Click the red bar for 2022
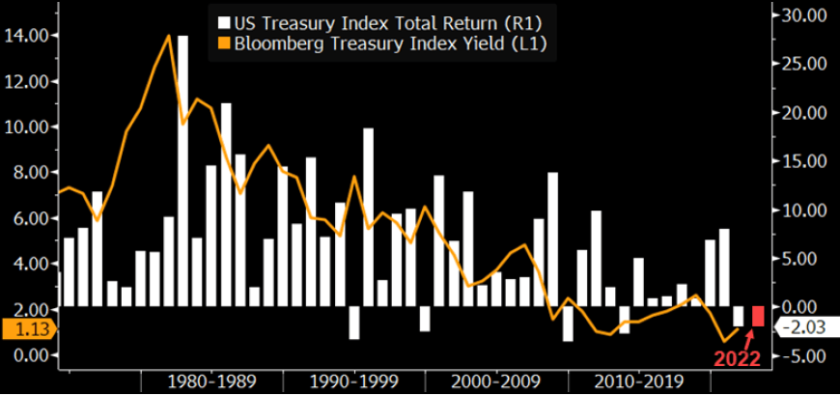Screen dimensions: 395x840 click(x=758, y=316)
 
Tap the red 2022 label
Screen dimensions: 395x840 click(x=737, y=359)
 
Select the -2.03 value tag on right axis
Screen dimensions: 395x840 click(x=806, y=328)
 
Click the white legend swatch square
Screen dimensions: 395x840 click(x=224, y=22)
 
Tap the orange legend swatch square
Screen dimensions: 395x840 click(x=224, y=43)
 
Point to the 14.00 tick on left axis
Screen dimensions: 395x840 click(x=27, y=36)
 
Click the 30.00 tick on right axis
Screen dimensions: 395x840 click(x=805, y=15)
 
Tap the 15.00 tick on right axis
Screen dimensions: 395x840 click(x=805, y=161)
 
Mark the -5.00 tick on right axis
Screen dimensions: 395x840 click(x=805, y=356)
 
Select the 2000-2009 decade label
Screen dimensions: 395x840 click(x=495, y=381)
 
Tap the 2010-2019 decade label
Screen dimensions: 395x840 click(x=637, y=381)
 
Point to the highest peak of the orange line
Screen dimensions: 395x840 click(x=170, y=36)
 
